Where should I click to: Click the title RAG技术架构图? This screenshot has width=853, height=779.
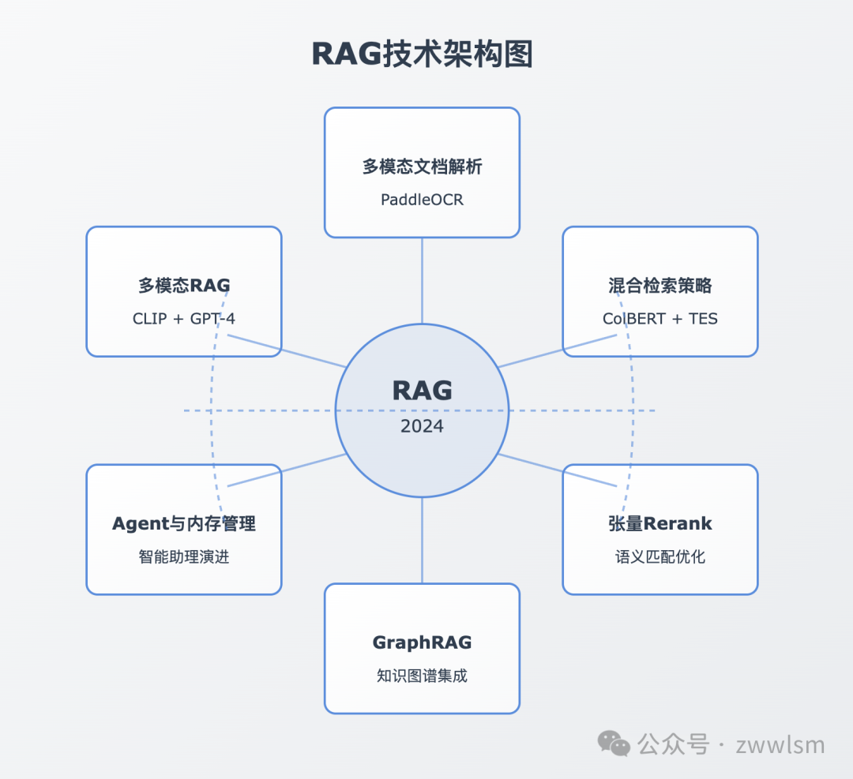[x=422, y=54]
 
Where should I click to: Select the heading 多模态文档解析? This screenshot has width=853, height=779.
[x=422, y=167]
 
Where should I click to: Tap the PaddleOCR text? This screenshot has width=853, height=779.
[x=422, y=200]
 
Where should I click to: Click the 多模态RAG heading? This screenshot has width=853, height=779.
[x=184, y=286]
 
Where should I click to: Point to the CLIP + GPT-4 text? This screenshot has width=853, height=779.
[x=184, y=319]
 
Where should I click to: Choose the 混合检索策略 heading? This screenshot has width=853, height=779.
[x=660, y=286]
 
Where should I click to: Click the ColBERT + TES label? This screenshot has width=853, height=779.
[x=660, y=319]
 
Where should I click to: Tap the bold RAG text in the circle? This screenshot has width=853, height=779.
[x=422, y=391]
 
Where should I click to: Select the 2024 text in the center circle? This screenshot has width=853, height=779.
[x=422, y=427]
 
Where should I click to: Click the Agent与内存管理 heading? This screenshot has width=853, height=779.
[x=184, y=523]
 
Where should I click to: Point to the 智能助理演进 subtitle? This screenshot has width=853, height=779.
[x=184, y=557]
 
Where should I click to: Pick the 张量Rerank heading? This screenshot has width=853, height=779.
[x=660, y=523]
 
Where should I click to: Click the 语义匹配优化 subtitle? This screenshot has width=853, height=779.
[x=660, y=557]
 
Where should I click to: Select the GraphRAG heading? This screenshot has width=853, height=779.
[x=422, y=642]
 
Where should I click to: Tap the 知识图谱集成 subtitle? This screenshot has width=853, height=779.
[x=422, y=676]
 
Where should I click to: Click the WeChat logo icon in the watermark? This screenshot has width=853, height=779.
[x=614, y=743]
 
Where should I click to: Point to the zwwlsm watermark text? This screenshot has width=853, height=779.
[x=780, y=745]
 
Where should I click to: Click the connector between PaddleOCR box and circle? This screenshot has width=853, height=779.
[x=422, y=280]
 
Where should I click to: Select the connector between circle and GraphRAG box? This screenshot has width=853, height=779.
[x=422, y=541]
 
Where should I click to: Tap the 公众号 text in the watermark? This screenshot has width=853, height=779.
[x=673, y=744]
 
